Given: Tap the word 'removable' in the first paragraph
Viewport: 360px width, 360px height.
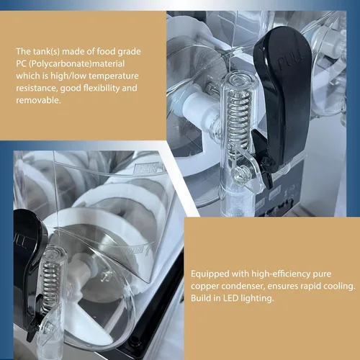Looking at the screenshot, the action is click(37, 100).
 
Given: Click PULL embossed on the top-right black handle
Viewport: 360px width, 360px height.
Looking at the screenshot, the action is click(292, 62).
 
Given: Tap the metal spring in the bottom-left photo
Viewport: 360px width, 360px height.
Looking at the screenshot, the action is click(50, 285).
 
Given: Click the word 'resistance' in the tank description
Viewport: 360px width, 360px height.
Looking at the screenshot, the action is click(37, 89).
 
